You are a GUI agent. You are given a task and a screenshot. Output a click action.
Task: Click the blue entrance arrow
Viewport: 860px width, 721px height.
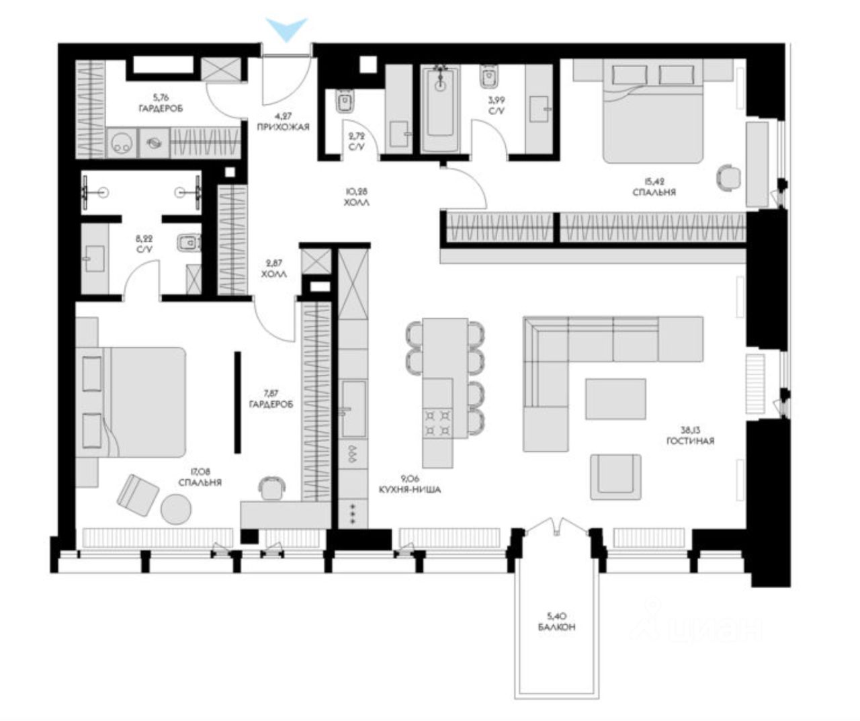(287, 28)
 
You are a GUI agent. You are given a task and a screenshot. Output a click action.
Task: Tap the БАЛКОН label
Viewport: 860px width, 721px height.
(557, 628)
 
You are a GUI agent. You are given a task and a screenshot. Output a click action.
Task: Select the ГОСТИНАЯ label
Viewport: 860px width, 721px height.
(690, 441)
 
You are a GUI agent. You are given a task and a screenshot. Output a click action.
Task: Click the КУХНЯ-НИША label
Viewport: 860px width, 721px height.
(410, 490)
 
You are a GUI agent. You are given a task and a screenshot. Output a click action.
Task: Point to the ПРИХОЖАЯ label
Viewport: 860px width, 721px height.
(283, 127)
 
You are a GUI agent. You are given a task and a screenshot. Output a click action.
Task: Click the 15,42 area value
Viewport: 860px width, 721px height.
(654, 181)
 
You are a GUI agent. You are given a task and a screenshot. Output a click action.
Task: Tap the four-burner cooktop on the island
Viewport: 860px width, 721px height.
(438, 422)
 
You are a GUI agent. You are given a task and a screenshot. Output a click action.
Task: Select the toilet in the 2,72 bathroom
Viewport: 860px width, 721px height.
(345, 101)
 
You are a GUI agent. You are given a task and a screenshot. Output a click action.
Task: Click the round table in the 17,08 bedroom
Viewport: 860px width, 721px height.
(176, 509)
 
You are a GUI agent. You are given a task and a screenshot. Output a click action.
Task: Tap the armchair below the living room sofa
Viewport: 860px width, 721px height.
(615, 477)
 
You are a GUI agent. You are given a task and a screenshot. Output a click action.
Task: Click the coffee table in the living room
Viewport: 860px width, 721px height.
(615, 399)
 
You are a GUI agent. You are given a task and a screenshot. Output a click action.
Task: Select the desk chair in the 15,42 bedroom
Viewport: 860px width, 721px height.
(728, 177)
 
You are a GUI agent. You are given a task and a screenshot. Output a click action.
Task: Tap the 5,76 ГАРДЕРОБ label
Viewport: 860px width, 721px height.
(161, 104)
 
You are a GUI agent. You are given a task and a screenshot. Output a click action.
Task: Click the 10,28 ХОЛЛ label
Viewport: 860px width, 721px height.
(357, 198)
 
